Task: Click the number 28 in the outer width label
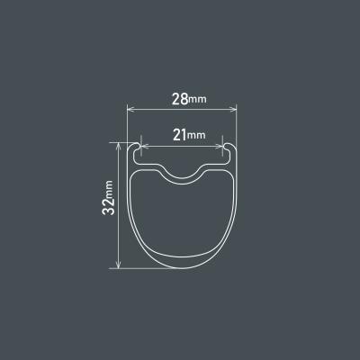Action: (x=179, y=98)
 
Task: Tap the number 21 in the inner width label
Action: (x=179, y=135)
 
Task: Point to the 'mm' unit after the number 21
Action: (x=197, y=137)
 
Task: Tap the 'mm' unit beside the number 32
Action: (x=109, y=186)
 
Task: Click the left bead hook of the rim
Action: (x=139, y=148)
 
